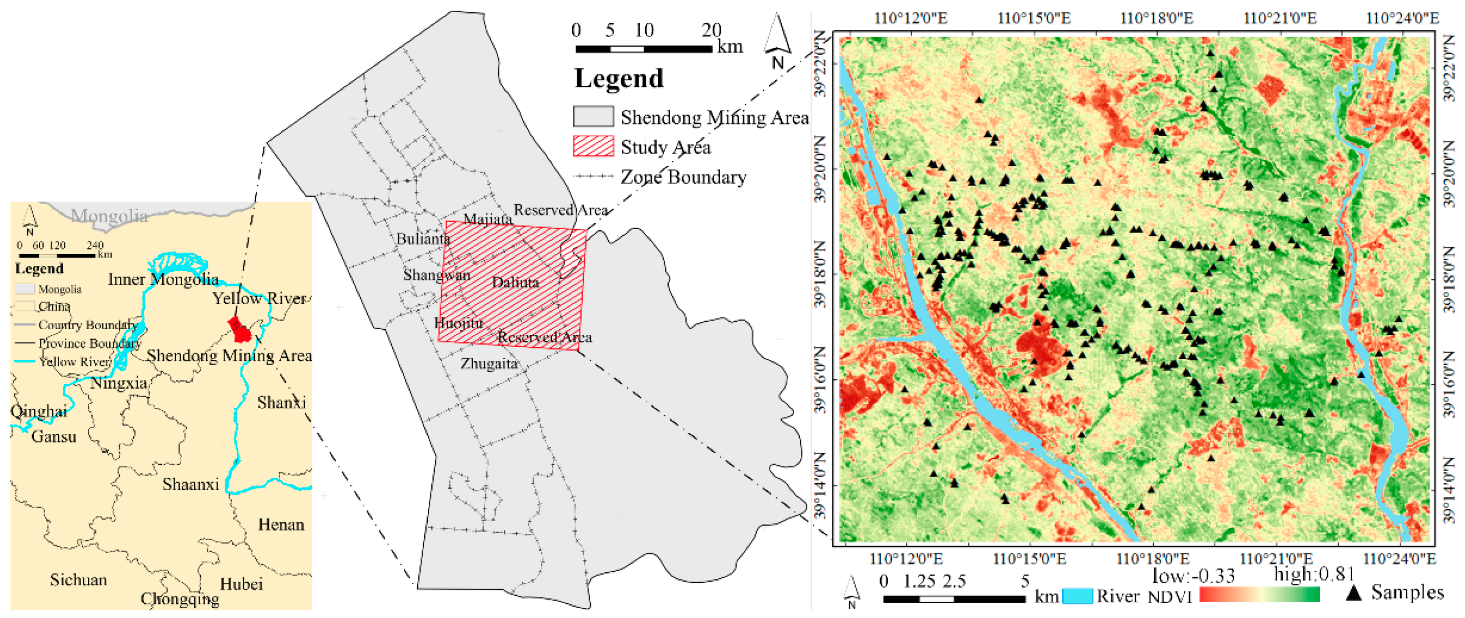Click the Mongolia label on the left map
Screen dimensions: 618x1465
tap(109, 215)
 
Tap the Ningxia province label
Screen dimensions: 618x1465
tap(118, 383)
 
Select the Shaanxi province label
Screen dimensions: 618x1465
tap(190, 484)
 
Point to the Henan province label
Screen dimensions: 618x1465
tap(281, 524)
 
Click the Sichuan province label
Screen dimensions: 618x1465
tap(78, 579)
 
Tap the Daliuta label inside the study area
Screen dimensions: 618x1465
tap(515, 282)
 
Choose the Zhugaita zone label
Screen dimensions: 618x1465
tap(489, 363)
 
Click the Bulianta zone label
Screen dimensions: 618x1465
tap(423, 239)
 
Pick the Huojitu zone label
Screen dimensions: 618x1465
tap(458, 323)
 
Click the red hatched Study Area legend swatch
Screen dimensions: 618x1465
tap(593, 146)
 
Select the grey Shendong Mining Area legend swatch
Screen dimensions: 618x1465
tap(593, 116)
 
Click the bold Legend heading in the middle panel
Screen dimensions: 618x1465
tap(619, 78)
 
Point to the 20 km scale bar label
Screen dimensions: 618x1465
tap(711, 30)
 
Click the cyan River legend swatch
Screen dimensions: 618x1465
tap(1077, 595)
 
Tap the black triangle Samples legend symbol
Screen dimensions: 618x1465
tap(1354, 593)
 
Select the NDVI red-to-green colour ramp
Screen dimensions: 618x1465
tap(1259, 595)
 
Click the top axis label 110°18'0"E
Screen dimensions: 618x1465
tap(1156, 18)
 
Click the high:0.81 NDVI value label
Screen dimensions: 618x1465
tap(1314, 574)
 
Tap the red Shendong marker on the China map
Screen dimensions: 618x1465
tap(240, 330)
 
